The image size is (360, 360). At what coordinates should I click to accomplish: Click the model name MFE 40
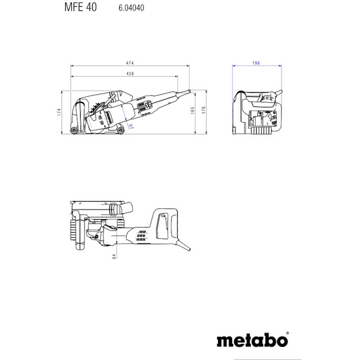tap(81, 7)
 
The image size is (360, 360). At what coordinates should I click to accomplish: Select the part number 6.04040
tap(131, 8)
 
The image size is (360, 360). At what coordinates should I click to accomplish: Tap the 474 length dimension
tap(130, 63)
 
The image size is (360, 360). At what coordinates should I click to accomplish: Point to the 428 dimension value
tap(130, 73)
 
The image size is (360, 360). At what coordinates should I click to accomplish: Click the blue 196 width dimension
tap(256, 63)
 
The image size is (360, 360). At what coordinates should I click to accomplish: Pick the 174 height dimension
tap(59, 112)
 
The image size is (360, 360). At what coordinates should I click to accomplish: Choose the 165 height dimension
tap(193, 110)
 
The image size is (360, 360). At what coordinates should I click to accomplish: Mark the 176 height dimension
tap(204, 110)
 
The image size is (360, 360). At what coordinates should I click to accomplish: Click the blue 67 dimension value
tap(131, 126)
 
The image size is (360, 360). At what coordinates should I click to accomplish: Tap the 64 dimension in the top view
tap(114, 256)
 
